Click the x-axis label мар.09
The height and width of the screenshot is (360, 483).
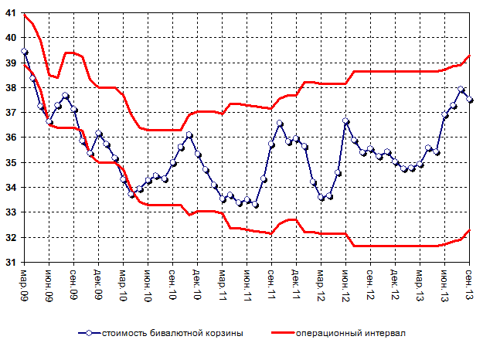point(25,283)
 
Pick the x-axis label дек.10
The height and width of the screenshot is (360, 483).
point(198,283)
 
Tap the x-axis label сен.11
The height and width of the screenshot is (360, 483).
point(272,283)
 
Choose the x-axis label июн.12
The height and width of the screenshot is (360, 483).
point(346,283)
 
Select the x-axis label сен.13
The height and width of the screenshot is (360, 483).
point(470,283)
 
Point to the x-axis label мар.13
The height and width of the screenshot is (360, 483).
point(420,283)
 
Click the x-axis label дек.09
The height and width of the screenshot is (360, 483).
point(99,283)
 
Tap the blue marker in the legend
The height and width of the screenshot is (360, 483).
point(90,333)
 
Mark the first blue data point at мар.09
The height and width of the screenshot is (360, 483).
point(25,52)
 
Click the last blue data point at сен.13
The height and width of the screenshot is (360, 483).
point(470,100)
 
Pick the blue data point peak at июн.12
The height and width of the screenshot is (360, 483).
point(346,121)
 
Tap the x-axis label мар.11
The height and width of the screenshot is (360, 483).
point(223,283)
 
